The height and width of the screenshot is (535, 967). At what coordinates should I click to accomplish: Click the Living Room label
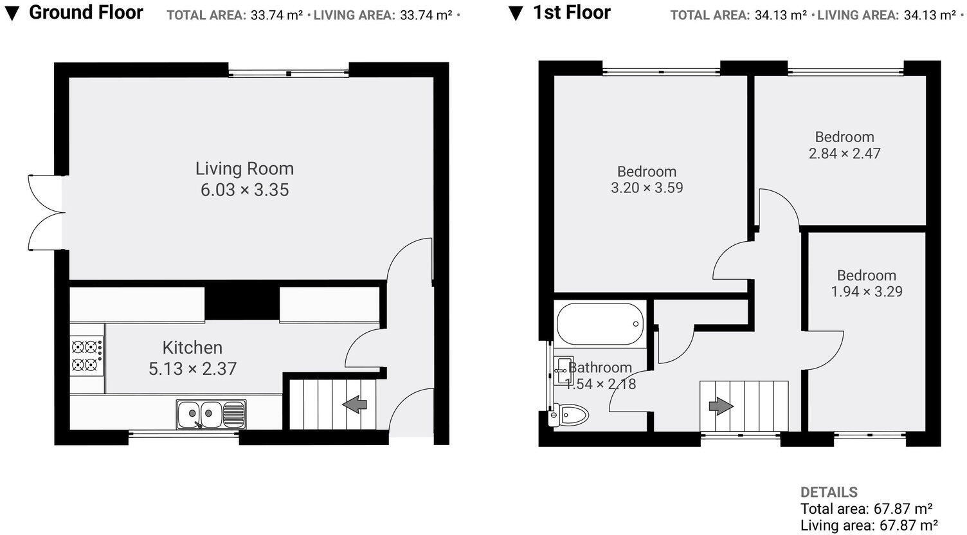(244, 168)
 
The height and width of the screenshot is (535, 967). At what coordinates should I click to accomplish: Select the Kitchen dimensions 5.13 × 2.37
(192, 368)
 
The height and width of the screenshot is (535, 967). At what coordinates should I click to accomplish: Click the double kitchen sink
(211, 414)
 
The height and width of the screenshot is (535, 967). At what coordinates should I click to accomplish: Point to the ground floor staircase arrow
(354, 404)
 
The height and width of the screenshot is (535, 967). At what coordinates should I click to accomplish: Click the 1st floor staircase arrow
(721, 406)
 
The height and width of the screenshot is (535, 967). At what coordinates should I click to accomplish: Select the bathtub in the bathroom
(600, 324)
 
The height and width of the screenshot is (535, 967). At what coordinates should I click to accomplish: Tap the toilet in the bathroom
(568, 415)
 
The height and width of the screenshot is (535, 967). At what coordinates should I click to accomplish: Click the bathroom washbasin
(563, 370)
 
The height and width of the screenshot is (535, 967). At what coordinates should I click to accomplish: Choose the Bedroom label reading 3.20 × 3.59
(647, 179)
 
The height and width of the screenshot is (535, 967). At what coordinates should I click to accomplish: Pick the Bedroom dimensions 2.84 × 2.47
(844, 153)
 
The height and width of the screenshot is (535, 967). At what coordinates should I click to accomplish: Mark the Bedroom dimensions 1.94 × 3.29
(867, 291)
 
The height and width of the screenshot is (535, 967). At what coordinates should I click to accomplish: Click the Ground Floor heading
(86, 12)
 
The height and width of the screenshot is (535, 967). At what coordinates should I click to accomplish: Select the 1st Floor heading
(572, 12)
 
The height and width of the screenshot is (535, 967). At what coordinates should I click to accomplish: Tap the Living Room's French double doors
(46, 212)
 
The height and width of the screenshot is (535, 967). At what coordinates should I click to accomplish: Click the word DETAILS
(829, 493)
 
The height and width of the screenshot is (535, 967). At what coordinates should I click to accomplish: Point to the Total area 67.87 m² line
(867, 509)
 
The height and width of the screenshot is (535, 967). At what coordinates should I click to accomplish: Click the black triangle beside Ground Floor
(12, 14)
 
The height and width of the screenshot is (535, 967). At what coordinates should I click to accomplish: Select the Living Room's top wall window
(289, 73)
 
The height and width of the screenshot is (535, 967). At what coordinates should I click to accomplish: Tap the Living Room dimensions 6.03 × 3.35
(244, 190)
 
